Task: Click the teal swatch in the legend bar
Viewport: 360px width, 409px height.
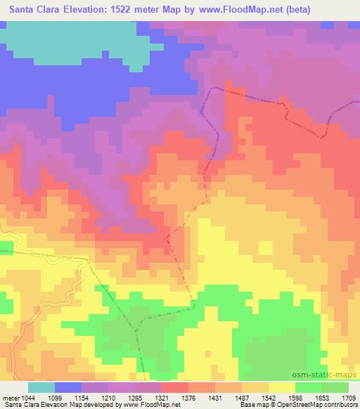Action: (41, 387)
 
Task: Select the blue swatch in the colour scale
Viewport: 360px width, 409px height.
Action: (68, 387)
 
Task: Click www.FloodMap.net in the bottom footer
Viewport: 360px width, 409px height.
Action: (148, 405)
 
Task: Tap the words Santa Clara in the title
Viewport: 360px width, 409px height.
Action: (32, 9)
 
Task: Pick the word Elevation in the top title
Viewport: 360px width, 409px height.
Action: (86, 9)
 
